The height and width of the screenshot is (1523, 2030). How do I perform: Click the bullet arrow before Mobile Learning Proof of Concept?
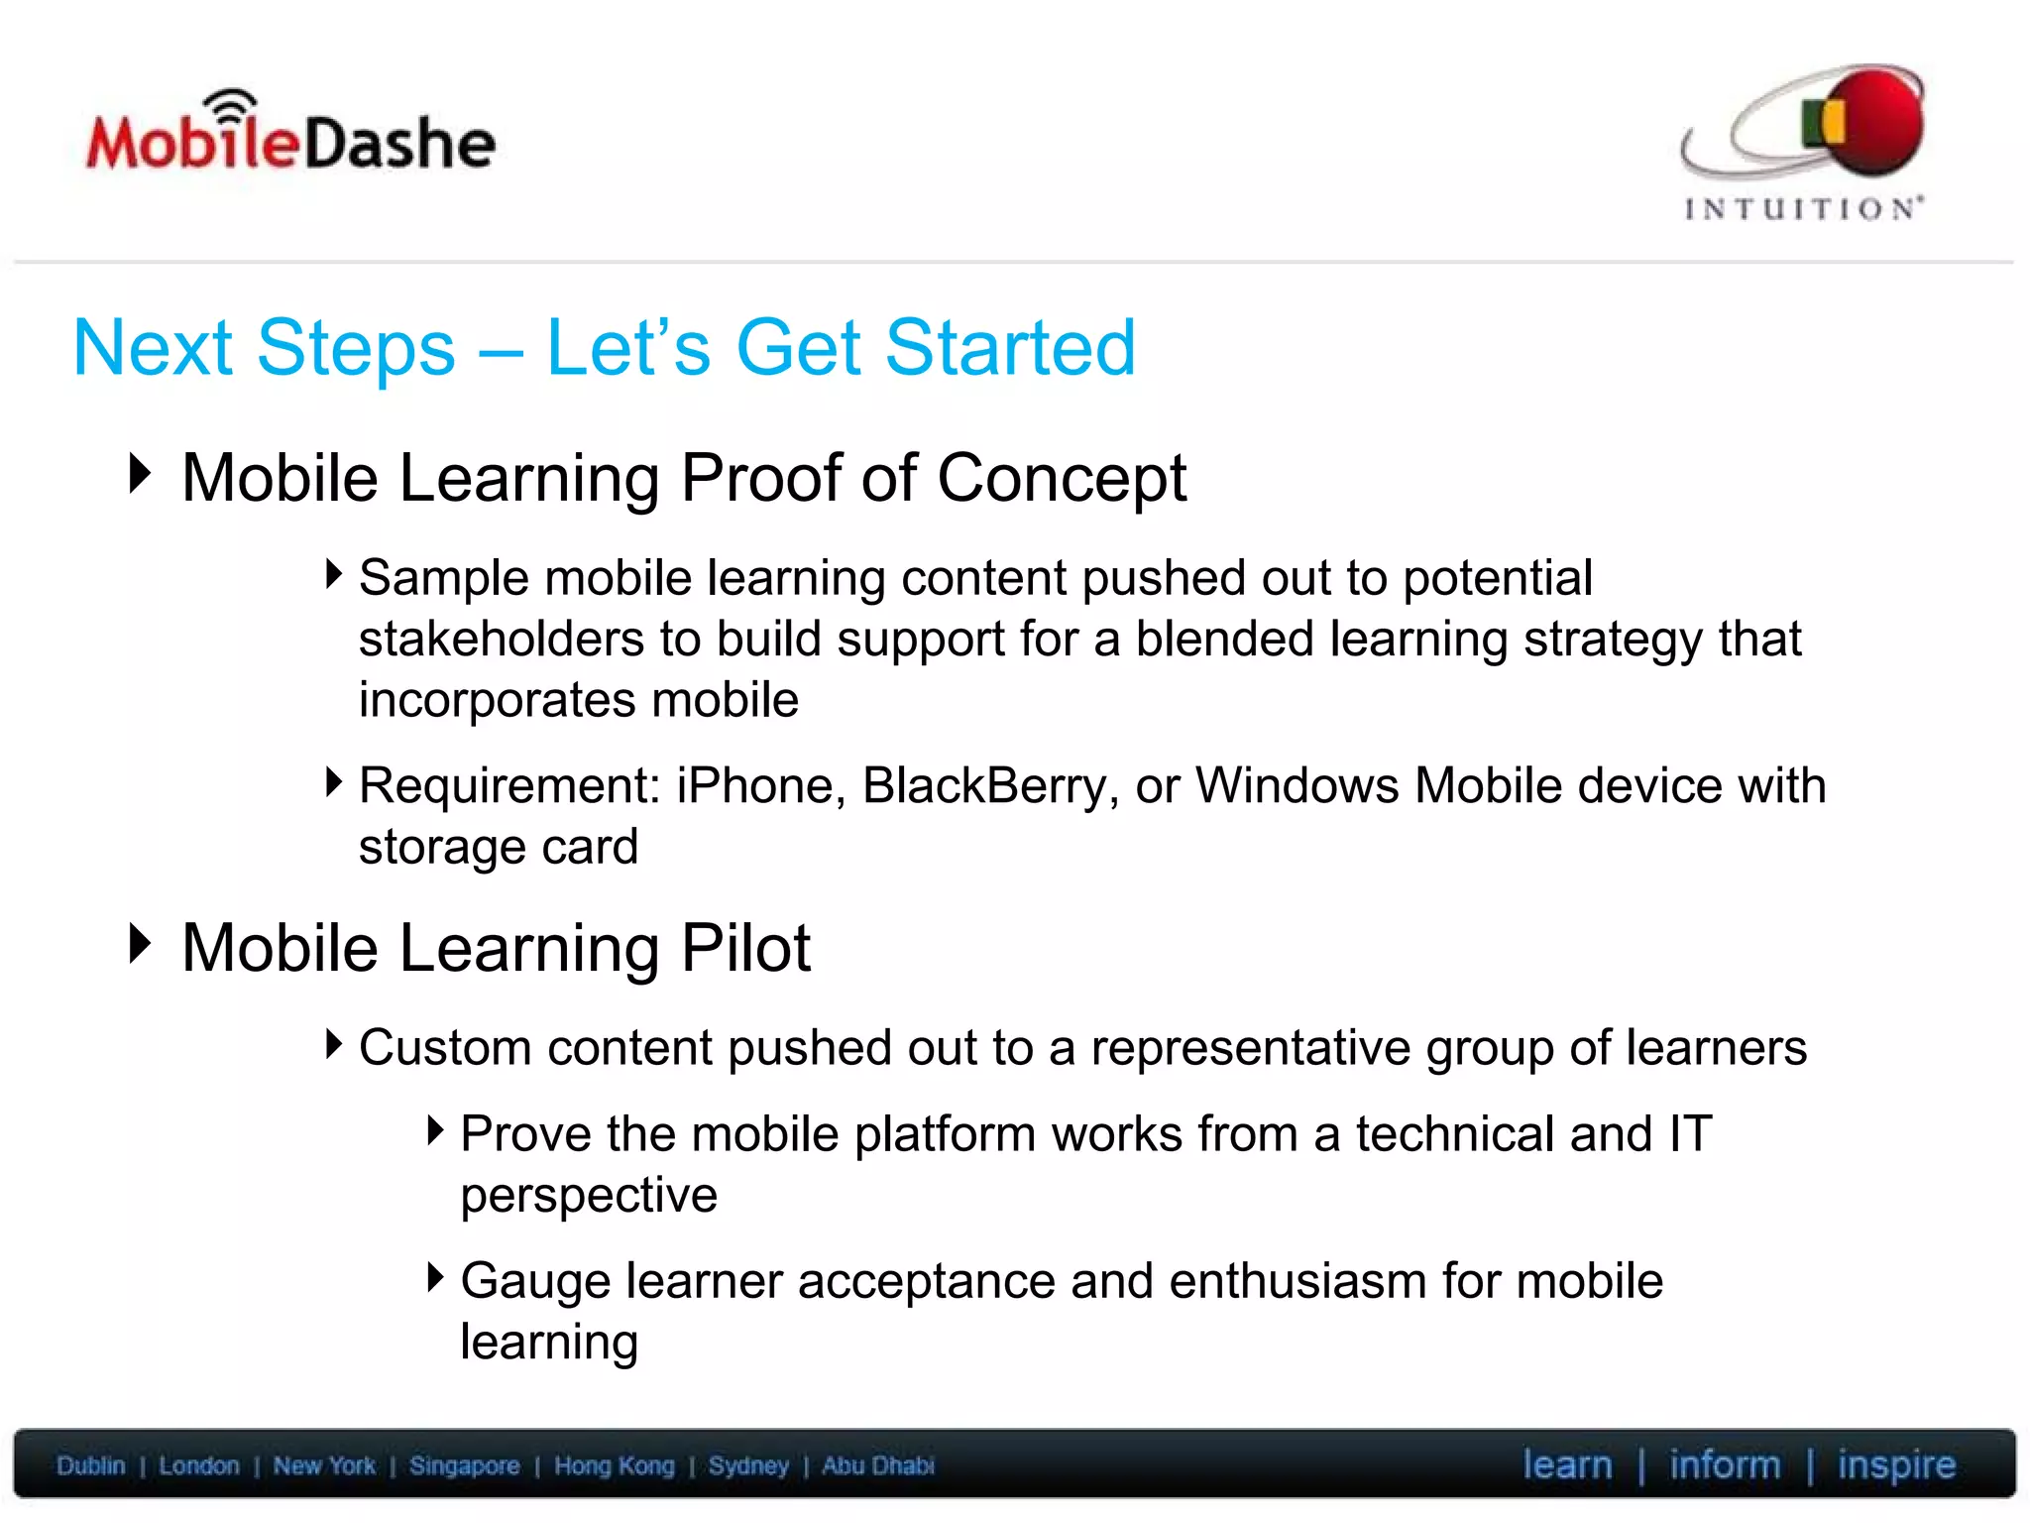coord(141,473)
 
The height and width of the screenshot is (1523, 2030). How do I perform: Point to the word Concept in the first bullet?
coord(1062,479)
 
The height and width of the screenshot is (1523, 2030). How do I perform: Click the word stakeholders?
coord(500,640)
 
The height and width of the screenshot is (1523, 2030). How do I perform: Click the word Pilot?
coord(745,949)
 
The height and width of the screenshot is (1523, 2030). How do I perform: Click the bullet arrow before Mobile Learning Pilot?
coord(141,943)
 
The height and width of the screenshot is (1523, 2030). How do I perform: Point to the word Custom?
coord(445,1048)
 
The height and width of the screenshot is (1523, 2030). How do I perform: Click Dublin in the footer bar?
coord(90,1465)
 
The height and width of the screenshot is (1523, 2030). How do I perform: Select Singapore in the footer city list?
coord(464,1465)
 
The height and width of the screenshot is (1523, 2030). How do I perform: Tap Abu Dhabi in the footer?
coord(877,1465)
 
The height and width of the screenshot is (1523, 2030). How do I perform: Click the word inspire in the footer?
coord(1896,1465)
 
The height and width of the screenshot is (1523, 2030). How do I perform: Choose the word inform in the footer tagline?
coord(1724,1464)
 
